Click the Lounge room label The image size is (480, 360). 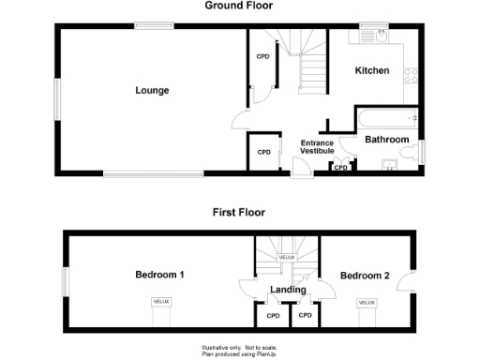click(152, 91)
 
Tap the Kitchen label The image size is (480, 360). click(372, 71)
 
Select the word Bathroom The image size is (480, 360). click(387, 141)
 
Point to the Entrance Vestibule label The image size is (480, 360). click(317, 147)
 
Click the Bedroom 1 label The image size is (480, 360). click(159, 276)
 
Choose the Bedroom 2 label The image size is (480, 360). click(365, 276)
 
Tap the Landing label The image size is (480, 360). click(288, 290)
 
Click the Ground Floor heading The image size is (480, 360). click(238, 6)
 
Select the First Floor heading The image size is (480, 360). click(239, 213)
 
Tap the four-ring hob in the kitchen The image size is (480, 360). click(410, 78)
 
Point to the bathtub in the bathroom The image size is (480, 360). click(386, 118)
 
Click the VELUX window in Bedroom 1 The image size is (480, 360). click(159, 302)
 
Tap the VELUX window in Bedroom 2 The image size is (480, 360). click(366, 303)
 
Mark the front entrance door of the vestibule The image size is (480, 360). click(300, 169)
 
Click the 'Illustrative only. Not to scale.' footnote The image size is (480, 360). click(238, 346)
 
